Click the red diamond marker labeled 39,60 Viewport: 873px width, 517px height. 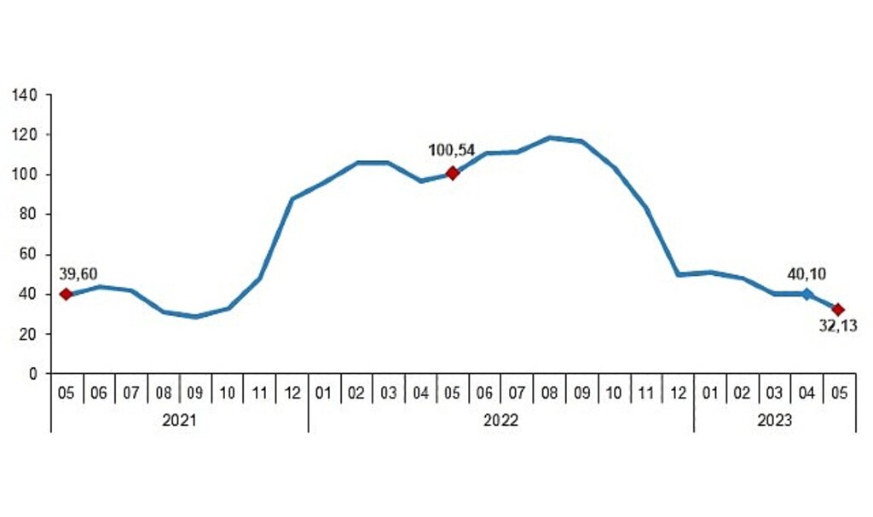pyautogui.click(x=66, y=295)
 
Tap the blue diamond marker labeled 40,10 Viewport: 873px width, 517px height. pyautogui.click(x=807, y=294)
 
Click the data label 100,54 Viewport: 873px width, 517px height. pyautogui.click(x=451, y=151)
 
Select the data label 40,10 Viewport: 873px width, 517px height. pyautogui.click(x=806, y=273)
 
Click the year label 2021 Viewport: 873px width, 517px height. pyautogui.click(x=179, y=420)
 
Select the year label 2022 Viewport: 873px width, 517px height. pyautogui.click(x=500, y=420)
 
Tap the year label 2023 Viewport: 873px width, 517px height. pyautogui.click(x=774, y=420)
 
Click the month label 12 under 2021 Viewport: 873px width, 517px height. pyautogui.click(x=292, y=394)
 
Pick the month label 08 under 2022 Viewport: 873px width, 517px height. pyautogui.click(x=549, y=394)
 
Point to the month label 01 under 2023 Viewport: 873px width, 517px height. pyautogui.click(x=709, y=394)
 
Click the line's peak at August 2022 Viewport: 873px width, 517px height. pyautogui.click(x=550, y=137)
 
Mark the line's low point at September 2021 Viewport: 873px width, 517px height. pyautogui.click(x=195, y=317)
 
